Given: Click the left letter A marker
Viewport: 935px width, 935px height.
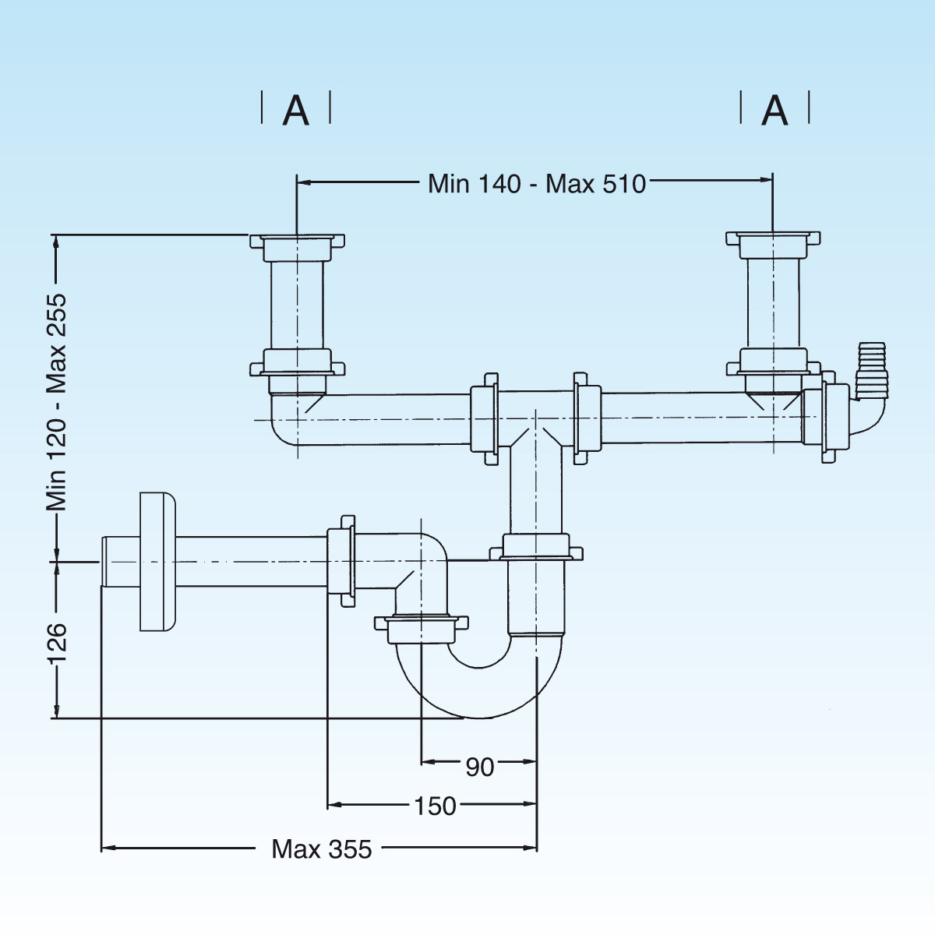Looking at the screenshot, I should (296, 110).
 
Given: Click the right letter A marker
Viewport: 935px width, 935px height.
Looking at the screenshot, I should (774, 110).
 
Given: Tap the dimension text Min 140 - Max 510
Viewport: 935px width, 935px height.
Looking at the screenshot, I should (537, 184).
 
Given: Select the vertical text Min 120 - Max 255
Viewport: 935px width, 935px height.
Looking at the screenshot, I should (56, 402).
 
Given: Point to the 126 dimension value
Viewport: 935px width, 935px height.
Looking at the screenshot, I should (57, 643).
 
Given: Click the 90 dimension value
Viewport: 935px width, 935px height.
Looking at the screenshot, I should (480, 767).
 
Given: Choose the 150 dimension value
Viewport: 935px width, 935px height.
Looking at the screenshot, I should (435, 806).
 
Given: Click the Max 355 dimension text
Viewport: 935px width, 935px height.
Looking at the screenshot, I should (322, 849).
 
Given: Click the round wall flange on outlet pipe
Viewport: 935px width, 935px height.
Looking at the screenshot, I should (157, 562).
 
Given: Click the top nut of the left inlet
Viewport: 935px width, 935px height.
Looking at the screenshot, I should (297, 242).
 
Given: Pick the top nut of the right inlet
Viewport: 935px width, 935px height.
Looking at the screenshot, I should (773, 239).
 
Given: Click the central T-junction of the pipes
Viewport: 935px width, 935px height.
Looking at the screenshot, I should (535, 421).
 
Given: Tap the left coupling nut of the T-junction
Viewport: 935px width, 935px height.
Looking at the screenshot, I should (485, 418).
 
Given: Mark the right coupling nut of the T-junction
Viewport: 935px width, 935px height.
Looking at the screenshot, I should (587, 418).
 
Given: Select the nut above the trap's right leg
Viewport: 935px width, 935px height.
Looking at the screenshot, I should (536, 547).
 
